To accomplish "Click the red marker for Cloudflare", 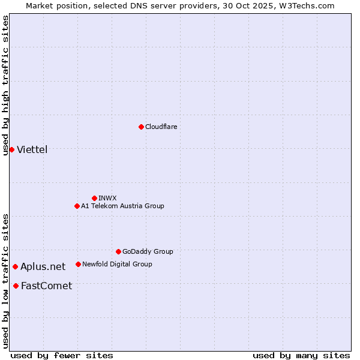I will point(141,127).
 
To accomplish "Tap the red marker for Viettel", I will point(11,149).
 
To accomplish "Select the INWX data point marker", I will point(94,198).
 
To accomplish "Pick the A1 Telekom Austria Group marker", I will point(77,206).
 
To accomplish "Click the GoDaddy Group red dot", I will point(118,251).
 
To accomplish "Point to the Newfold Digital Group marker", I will point(78,264).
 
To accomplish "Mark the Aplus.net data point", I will point(15,266).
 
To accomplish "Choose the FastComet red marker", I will point(16,286).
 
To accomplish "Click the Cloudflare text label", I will point(161,127).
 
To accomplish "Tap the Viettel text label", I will point(32,149).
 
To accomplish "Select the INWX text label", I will point(107,198).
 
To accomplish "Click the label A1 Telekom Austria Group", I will point(122,206).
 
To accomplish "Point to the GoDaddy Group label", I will point(148,251).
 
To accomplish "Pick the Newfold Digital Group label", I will point(117,264).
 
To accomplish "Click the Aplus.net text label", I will point(43,266).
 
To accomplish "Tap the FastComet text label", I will point(46,286).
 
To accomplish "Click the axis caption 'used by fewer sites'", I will point(62,355).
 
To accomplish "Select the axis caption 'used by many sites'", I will point(301,355).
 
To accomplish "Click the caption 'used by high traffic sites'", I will point(6,85).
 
